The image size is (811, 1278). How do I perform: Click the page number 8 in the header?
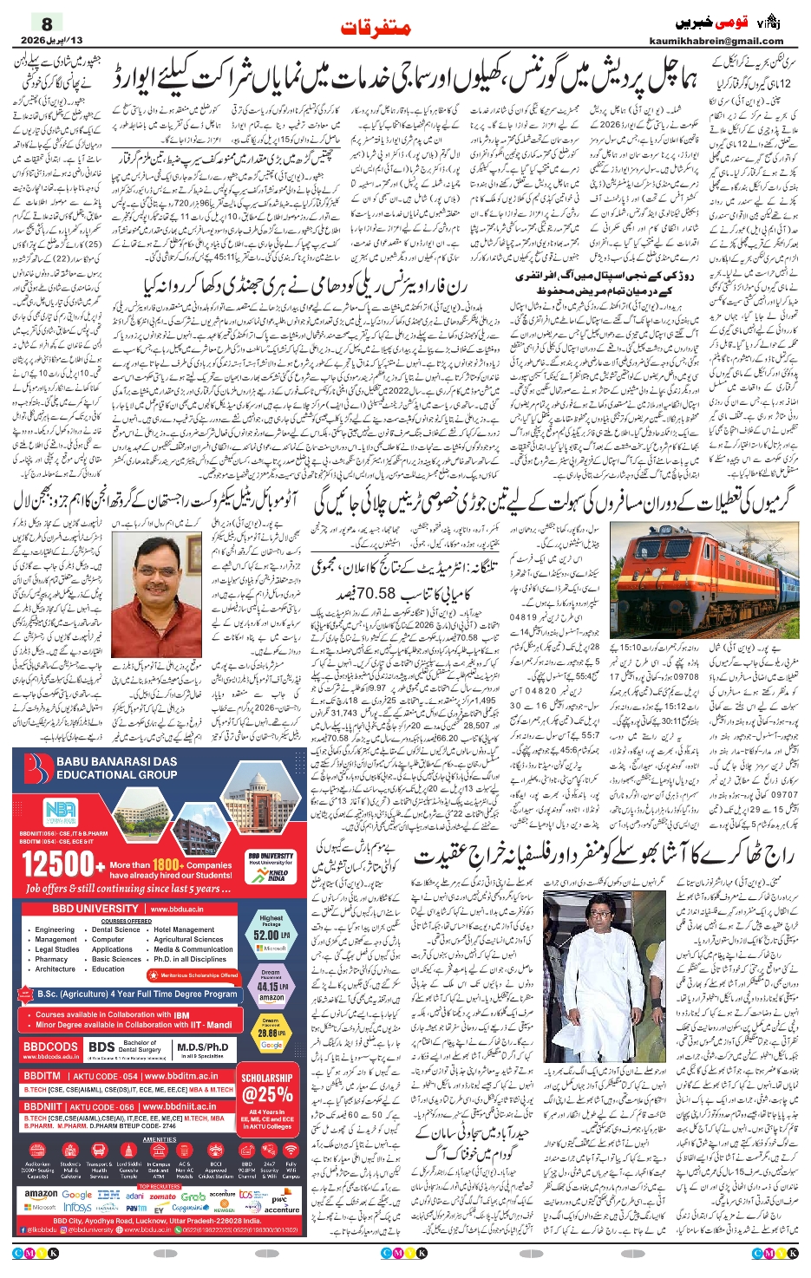click(47, 24)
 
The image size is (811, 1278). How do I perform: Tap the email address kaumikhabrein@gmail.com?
click(716, 41)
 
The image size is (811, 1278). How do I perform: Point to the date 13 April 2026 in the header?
click(52, 41)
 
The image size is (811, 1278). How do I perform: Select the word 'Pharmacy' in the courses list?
click(51, 959)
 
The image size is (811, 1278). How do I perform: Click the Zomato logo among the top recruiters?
click(162, 1196)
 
